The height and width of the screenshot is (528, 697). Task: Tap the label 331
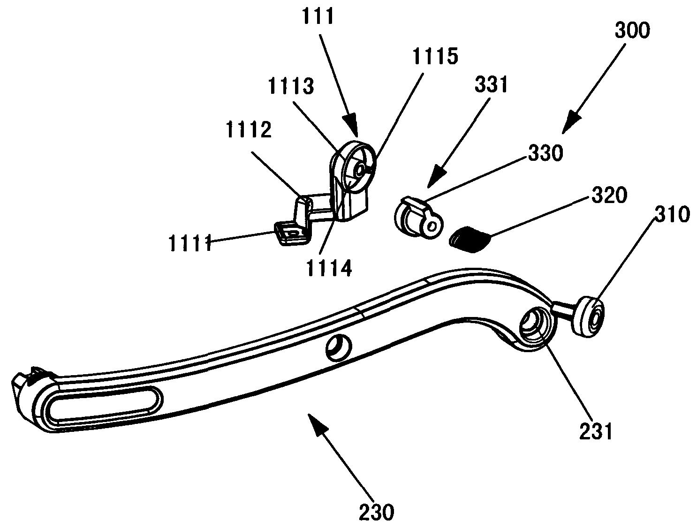pos(491,85)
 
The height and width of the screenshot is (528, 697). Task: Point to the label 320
pos(609,195)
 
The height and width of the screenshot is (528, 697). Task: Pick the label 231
pos(596,431)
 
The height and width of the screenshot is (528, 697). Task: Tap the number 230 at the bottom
pos(376,512)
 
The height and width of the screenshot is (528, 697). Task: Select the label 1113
pos(290,86)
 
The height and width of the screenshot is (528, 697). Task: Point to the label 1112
pos(248,130)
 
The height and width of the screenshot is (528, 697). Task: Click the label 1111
pos(190,244)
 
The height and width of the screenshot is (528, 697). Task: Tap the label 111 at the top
pos(317,16)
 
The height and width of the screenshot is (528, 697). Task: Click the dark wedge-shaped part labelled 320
pos(469,239)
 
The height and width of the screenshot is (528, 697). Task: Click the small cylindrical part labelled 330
pos(417,218)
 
